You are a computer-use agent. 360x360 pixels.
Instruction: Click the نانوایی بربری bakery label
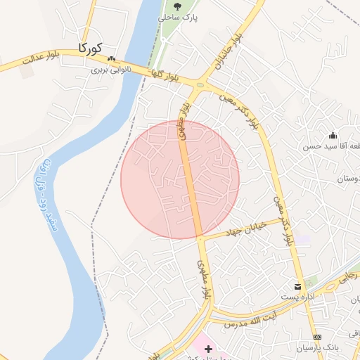110,70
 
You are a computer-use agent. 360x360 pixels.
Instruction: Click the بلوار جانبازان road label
231,49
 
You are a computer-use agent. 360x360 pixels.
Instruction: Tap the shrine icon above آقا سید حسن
333,135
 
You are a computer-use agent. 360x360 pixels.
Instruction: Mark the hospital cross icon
208,349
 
